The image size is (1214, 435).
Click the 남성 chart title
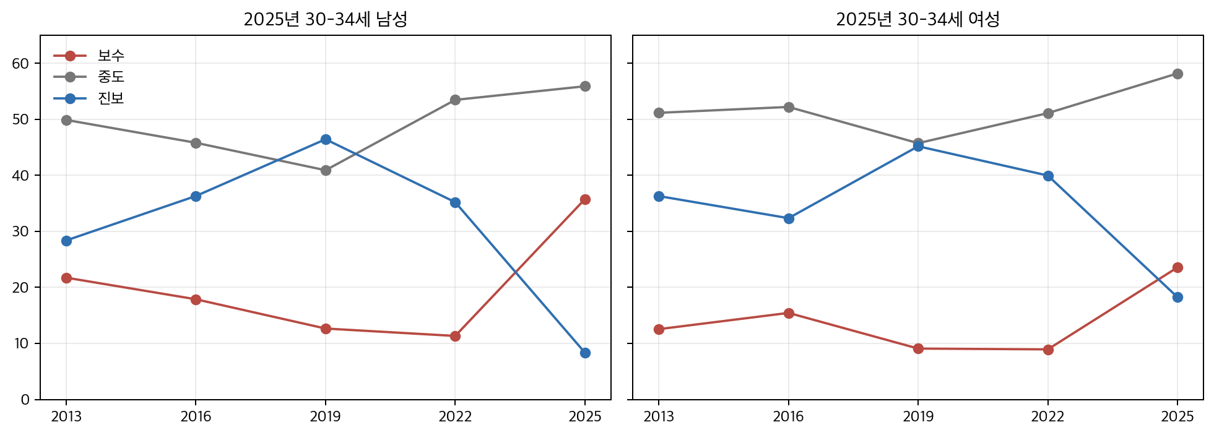[325, 19]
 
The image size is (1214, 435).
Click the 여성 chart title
[917, 19]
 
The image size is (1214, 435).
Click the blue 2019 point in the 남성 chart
[326, 140]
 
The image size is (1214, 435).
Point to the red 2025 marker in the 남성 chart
[585, 199]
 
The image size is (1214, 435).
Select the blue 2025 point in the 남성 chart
[585, 353]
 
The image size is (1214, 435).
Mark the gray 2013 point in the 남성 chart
[66, 120]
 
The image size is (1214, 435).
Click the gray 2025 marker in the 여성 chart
[1177, 74]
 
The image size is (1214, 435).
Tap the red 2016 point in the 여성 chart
[789, 313]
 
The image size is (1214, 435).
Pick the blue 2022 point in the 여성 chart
[1048, 176]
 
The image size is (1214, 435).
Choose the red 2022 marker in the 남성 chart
[455, 336]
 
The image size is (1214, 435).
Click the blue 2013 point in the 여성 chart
[659, 196]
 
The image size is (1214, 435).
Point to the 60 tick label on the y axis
[20, 64]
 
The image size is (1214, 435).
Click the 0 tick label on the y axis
[25, 400]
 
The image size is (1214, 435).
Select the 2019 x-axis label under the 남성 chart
[326, 417]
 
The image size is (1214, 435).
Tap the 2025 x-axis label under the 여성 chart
[1177, 417]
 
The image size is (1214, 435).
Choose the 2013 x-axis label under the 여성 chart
[659, 417]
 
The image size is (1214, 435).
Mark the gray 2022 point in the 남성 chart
[455, 100]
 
